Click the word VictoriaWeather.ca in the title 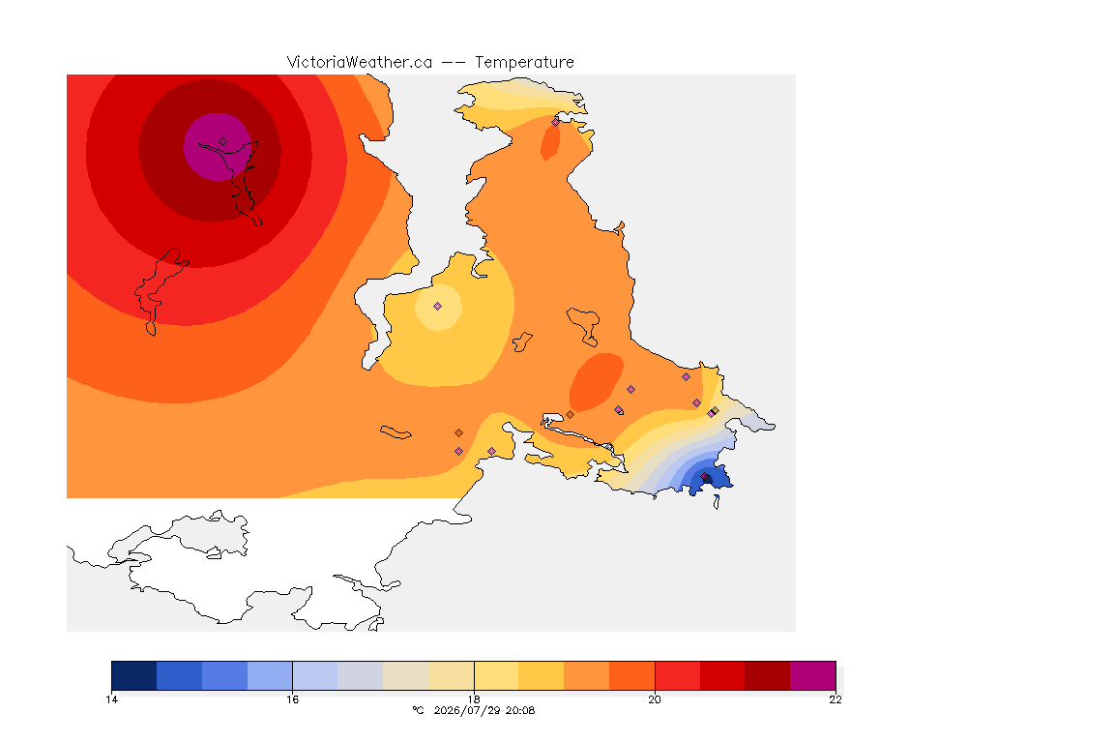(360, 63)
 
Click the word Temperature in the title (524, 63)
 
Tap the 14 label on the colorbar (111, 699)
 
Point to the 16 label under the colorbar (293, 699)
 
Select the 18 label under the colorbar (474, 699)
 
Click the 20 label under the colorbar (655, 699)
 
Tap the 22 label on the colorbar (835, 699)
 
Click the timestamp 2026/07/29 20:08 (484, 710)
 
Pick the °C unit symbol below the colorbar (418, 710)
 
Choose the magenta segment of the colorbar (812, 675)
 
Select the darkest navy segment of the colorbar (134, 675)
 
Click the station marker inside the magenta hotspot (223, 142)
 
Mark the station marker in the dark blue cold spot (705, 477)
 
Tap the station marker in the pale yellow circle (438, 307)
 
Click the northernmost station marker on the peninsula (556, 122)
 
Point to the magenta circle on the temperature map (218, 147)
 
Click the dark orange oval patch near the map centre (596, 382)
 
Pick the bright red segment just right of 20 (677, 675)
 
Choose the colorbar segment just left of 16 (270, 675)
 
